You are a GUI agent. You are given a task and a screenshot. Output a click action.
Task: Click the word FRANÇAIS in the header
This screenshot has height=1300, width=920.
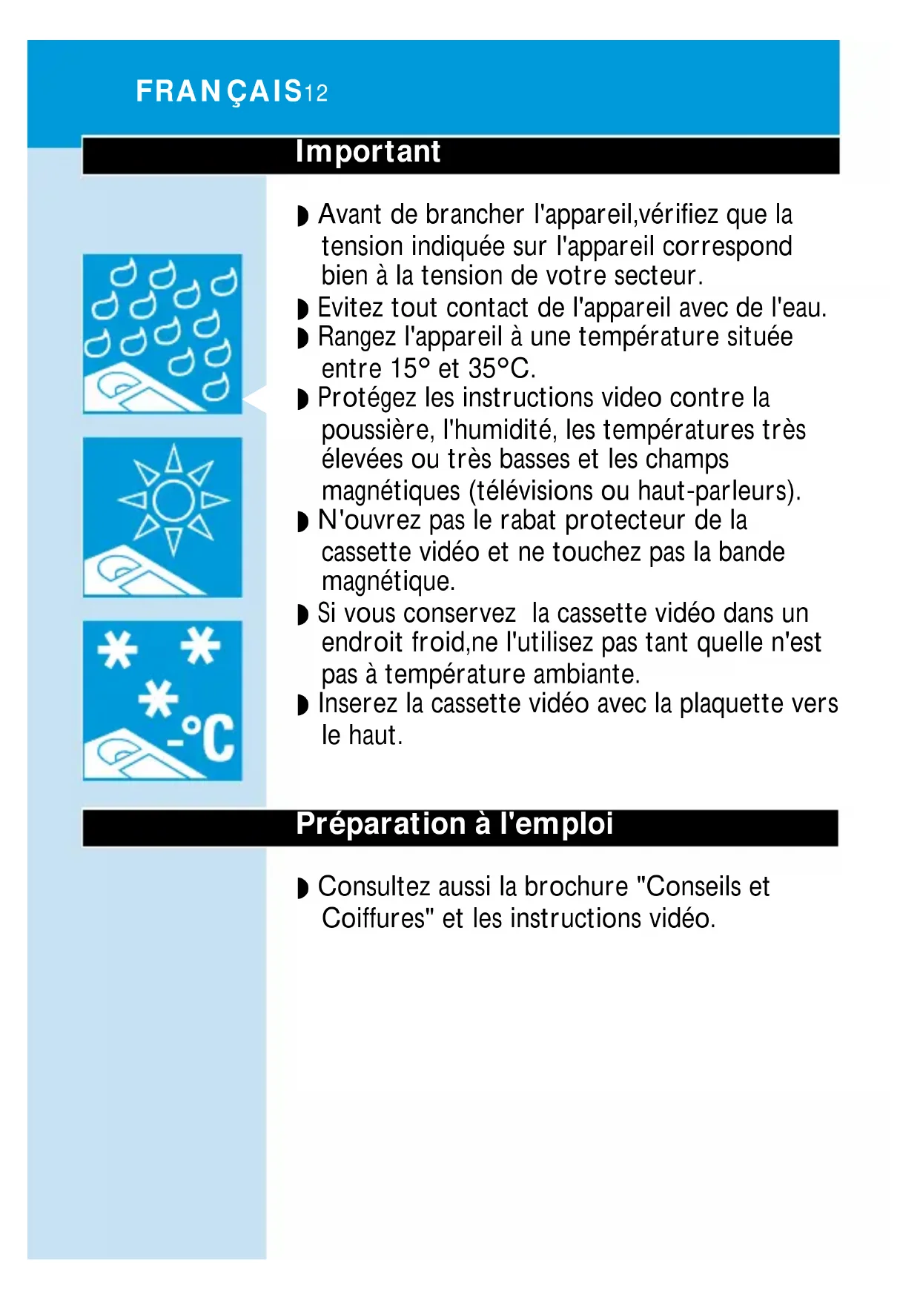(219, 92)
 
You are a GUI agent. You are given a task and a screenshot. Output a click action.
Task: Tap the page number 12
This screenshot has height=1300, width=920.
(316, 93)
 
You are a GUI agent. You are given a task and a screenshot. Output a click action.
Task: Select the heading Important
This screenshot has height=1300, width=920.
(368, 152)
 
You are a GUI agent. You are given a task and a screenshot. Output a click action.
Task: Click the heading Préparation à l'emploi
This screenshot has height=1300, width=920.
(454, 824)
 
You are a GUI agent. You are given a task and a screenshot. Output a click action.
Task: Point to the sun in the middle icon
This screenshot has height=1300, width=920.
(173, 500)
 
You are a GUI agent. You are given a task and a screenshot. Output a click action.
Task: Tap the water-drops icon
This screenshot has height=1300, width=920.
(162, 334)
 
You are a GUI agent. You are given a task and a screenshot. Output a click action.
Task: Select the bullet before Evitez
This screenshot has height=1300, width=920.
(302, 308)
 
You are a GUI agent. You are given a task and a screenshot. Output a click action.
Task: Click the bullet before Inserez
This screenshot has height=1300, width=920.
(302, 705)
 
